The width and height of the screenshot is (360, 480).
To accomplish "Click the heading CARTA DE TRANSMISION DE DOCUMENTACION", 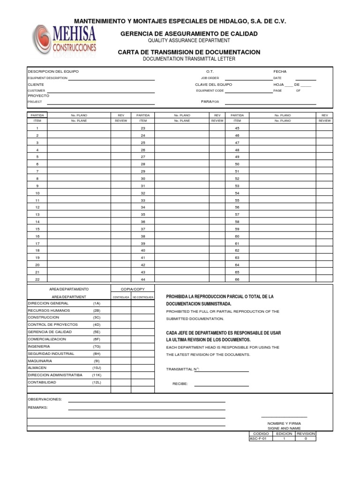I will [x=189, y=52].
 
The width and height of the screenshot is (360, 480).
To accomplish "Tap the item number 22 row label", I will [x=37, y=279].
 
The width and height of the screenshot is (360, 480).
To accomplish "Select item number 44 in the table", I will [x=143, y=279].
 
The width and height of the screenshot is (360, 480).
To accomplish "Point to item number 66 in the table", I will [x=237, y=279].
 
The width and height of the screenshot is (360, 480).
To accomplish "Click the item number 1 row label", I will [x=37, y=128].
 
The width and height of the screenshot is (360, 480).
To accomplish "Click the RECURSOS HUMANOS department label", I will [x=49, y=310].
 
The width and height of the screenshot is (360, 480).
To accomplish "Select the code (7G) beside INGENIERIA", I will [x=97, y=346].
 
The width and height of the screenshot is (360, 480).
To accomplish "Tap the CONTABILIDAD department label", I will [x=42, y=382].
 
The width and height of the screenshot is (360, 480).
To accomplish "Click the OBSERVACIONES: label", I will [x=45, y=399].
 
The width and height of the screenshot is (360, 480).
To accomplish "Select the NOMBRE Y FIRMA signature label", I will [x=284, y=423].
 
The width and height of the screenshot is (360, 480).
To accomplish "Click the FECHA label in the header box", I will [x=280, y=71].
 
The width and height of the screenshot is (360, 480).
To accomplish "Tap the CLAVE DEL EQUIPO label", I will [x=213, y=84].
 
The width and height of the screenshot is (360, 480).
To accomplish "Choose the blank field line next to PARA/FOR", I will [x=270, y=104].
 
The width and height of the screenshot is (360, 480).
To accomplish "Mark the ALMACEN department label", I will [x=37, y=368].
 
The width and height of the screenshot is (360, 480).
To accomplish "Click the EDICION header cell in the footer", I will [x=284, y=434].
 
